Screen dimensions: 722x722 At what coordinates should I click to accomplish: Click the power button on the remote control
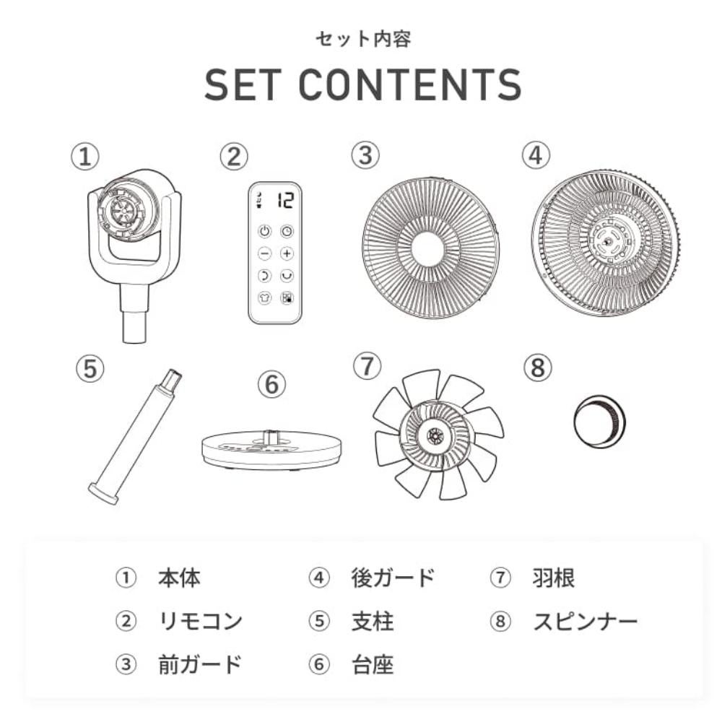pos(264,231)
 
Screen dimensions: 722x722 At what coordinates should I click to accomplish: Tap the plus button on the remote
pos(287,253)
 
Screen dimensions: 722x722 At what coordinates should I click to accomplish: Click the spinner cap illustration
pos(600,421)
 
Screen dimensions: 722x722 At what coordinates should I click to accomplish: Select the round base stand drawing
pos(273,451)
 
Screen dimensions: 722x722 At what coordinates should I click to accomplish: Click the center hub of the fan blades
pos(434,435)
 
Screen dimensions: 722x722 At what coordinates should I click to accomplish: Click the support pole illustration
pos(134,437)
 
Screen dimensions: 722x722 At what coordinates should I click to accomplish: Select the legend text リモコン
pos(200,621)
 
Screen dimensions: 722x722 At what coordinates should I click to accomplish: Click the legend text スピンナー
pos(586,621)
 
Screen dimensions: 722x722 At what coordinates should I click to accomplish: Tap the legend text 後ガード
pos(393,578)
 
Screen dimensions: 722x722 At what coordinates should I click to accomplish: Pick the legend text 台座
pos(373,665)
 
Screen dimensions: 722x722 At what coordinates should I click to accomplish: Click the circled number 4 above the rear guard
pos(536,155)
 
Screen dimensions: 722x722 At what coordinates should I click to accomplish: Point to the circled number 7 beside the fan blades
pos(367,367)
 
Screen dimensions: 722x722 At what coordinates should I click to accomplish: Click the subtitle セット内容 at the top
pos(363,39)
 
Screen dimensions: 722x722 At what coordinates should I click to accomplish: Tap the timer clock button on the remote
pos(287,231)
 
